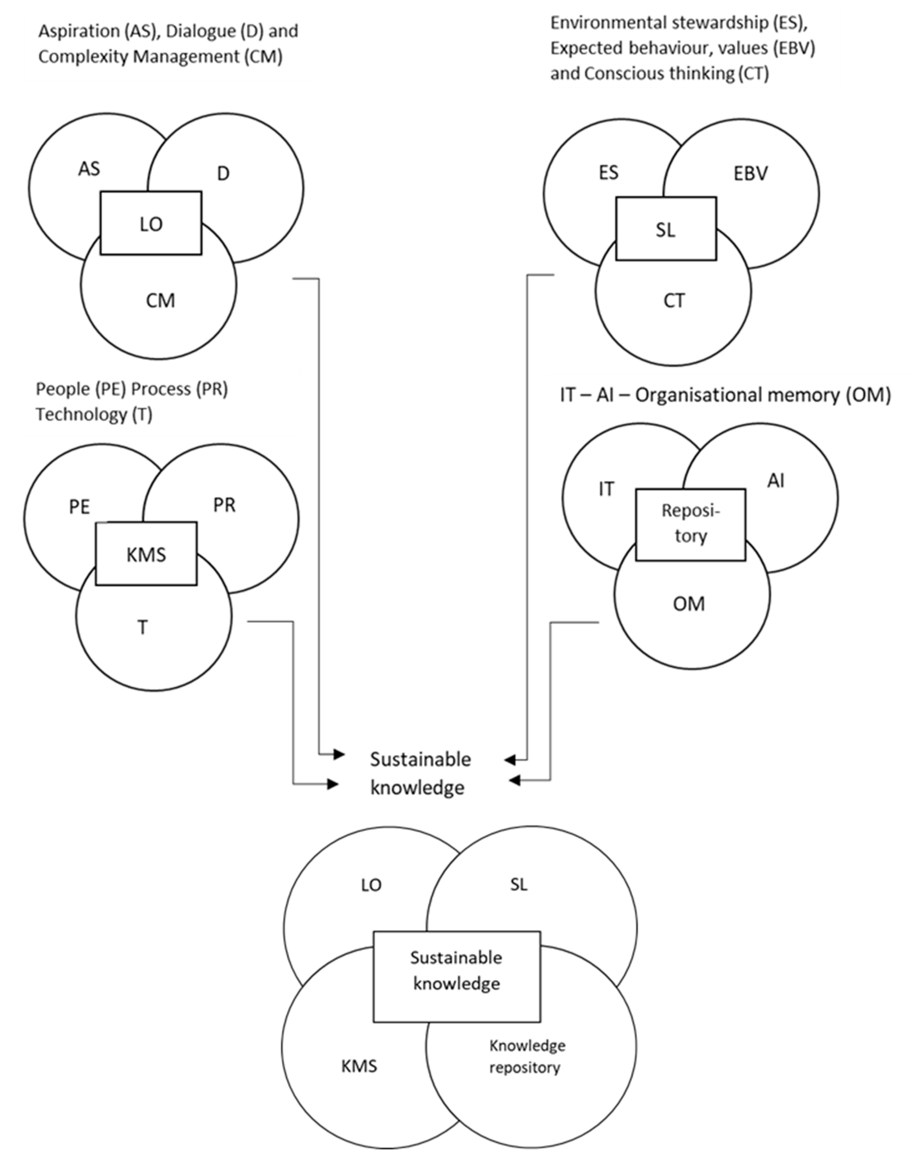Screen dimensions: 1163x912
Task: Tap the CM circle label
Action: [x=160, y=300]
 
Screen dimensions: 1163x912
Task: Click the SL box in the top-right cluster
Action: [x=666, y=229]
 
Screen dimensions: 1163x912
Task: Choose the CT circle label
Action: [x=674, y=300]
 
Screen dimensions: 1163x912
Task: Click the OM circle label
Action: [x=689, y=604]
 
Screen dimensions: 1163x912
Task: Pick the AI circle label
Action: [x=776, y=481]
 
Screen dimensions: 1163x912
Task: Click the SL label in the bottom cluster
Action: [x=518, y=884]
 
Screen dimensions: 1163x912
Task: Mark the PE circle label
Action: [x=79, y=506]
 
